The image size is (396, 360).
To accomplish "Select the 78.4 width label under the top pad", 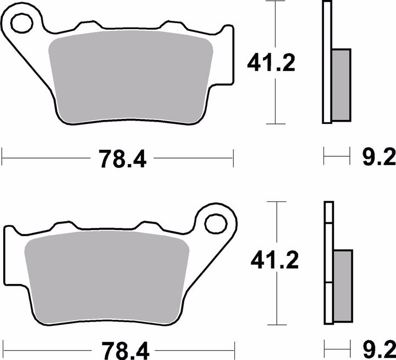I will click(122, 159).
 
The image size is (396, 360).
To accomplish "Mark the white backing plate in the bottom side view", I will click(328, 264).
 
